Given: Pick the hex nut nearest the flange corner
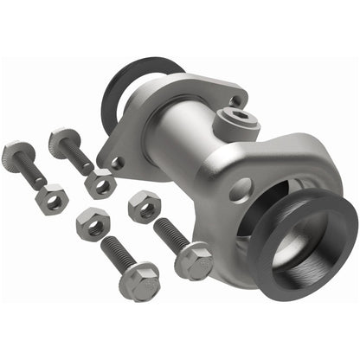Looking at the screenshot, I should [100, 183].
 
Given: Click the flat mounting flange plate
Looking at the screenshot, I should [143, 121].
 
